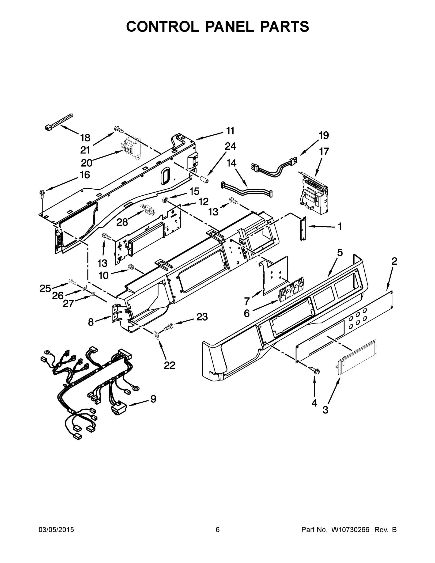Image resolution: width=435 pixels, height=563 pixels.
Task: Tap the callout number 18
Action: click(85, 138)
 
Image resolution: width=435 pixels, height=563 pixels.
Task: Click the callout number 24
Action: click(230, 146)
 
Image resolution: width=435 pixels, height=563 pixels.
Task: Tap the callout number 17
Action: click(324, 151)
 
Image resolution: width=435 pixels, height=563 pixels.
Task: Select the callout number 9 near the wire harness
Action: click(153, 399)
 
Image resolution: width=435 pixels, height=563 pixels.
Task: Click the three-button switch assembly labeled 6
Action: click(291, 288)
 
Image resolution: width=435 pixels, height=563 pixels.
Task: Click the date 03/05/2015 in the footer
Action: click(56, 530)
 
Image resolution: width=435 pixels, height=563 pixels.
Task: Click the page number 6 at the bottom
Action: click(218, 530)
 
